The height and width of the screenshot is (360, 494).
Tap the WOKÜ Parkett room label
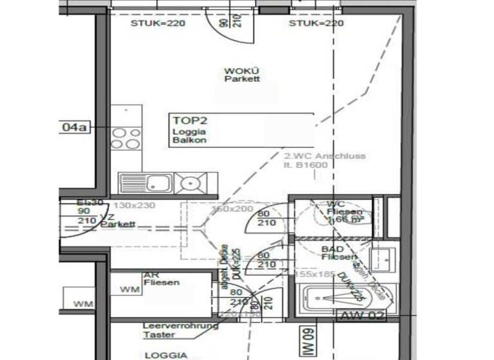coord(242,75)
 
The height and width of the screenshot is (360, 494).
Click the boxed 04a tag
coord(73,127)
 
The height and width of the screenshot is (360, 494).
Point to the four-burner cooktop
coord(126,138)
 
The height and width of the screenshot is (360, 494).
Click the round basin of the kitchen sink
coord(190,184)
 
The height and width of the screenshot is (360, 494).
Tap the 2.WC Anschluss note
coord(324,159)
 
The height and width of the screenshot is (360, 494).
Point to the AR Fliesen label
coord(161,278)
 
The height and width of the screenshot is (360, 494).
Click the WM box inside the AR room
coord(129,290)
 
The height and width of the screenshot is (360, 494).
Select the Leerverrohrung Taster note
coord(180,330)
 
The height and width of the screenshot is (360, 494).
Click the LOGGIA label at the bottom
coord(166,355)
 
